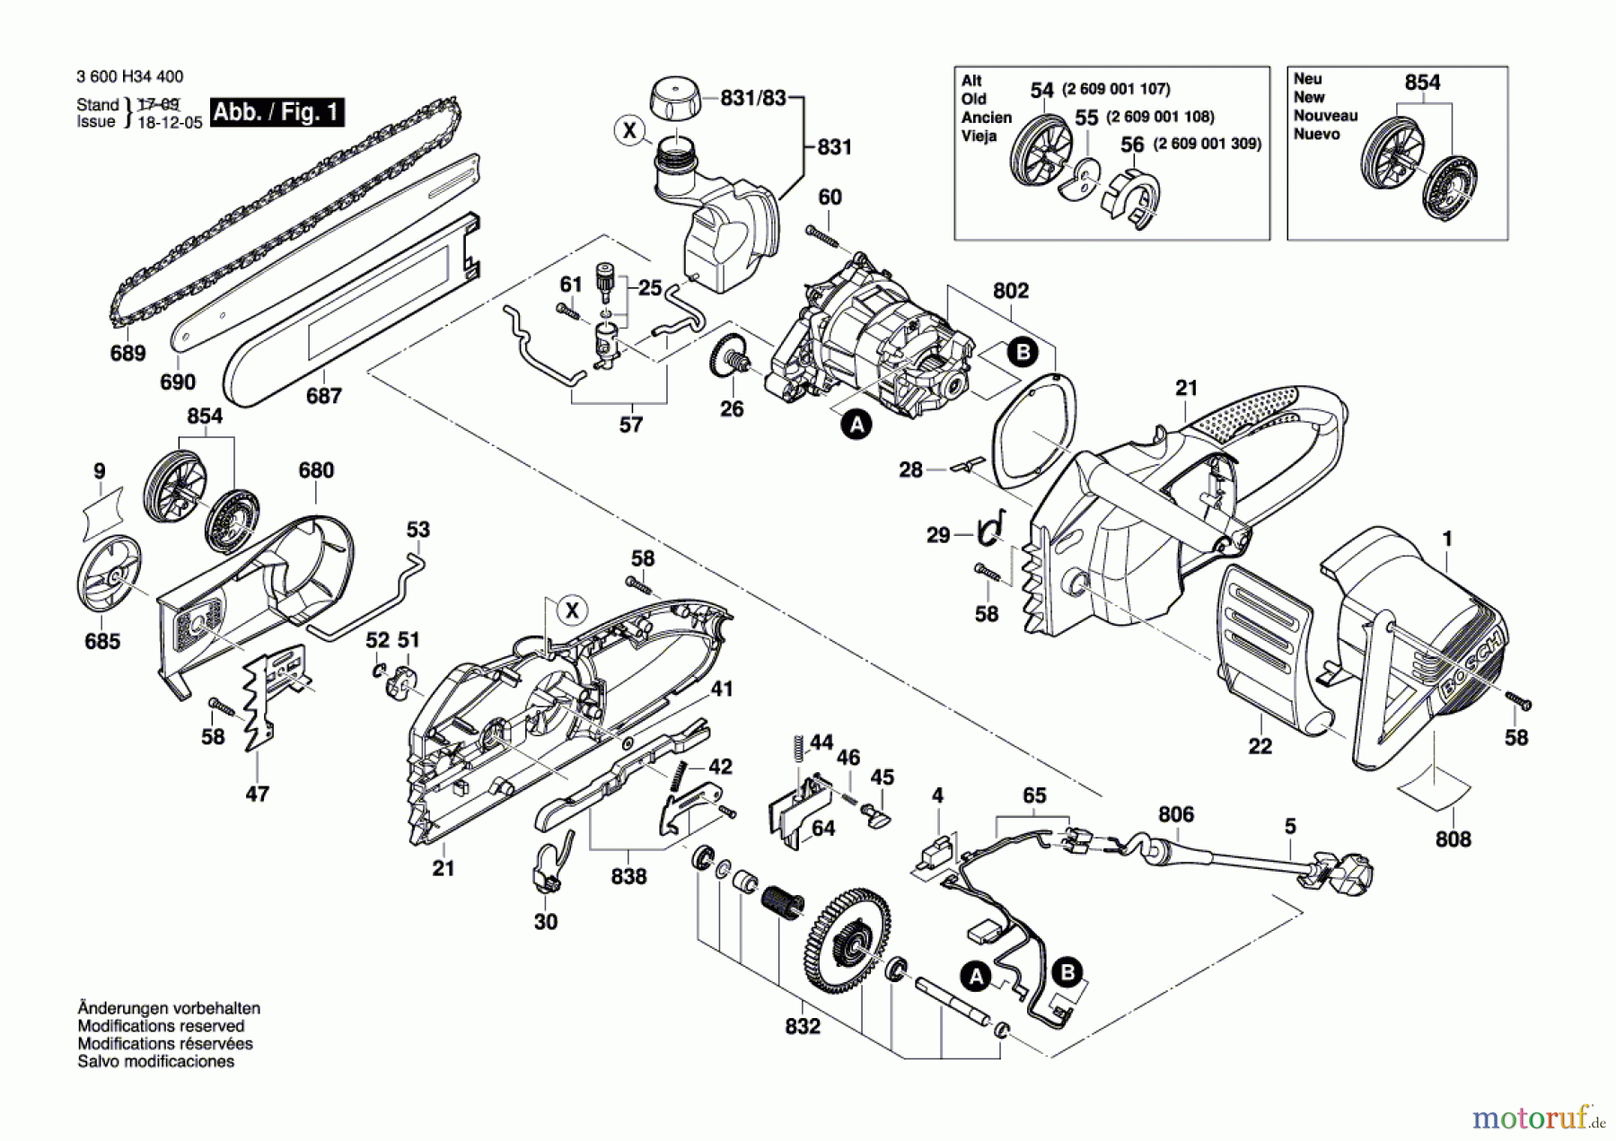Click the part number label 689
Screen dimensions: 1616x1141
click(x=127, y=353)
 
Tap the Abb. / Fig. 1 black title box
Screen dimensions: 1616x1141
click(x=277, y=112)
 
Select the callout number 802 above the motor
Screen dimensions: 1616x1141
click(x=1011, y=291)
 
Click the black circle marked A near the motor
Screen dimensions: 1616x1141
click(x=857, y=424)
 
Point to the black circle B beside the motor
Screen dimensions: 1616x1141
click(x=1023, y=352)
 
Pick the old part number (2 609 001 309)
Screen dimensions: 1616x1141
click(x=1208, y=144)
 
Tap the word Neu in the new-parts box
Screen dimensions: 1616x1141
click(x=1307, y=79)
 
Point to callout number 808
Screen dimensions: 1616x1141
click(x=1454, y=839)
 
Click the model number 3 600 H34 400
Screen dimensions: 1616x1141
click(x=130, y=77)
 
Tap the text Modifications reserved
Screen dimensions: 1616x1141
click(x=161, y=1026)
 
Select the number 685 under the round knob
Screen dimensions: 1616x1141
click(x=102, y=641)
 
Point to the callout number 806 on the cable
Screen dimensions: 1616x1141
click(x=1176, y=814)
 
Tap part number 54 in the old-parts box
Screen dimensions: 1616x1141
click(x=1041, y=91)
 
